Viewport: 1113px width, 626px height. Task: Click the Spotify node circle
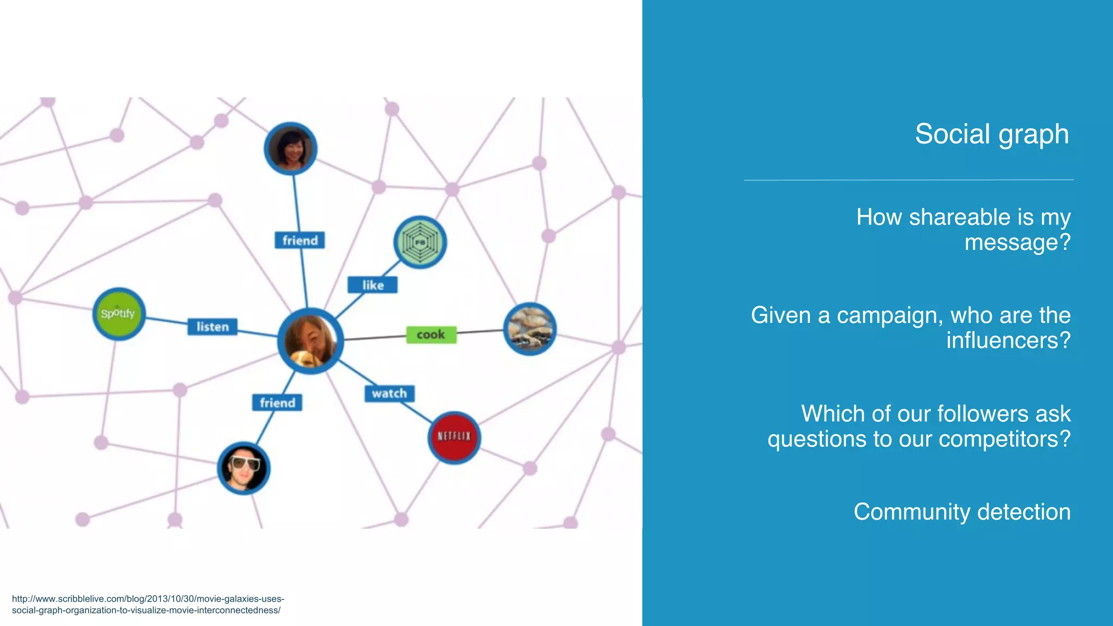118,314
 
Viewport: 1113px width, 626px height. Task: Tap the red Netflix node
454,437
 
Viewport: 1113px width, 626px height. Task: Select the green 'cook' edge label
431,335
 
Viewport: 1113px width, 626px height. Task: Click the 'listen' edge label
212,327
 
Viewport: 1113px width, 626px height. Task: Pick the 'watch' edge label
389,393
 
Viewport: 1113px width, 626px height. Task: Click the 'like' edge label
373,285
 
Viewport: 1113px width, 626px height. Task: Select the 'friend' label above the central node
300,240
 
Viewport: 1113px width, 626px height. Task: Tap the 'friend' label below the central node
277,403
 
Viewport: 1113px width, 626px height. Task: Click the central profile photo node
310,341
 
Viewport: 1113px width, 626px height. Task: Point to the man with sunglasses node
243,468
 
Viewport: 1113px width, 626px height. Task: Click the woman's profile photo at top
291,148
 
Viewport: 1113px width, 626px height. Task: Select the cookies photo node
530,329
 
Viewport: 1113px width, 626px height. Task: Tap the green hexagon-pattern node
420,242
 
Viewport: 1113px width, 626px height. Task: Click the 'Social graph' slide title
991,134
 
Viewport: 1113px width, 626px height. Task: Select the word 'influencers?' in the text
1008,341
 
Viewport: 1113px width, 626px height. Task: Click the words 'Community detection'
962,512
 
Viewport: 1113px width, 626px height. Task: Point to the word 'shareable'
959,217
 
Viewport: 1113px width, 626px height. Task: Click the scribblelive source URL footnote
148,604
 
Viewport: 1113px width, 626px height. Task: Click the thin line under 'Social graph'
909,180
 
